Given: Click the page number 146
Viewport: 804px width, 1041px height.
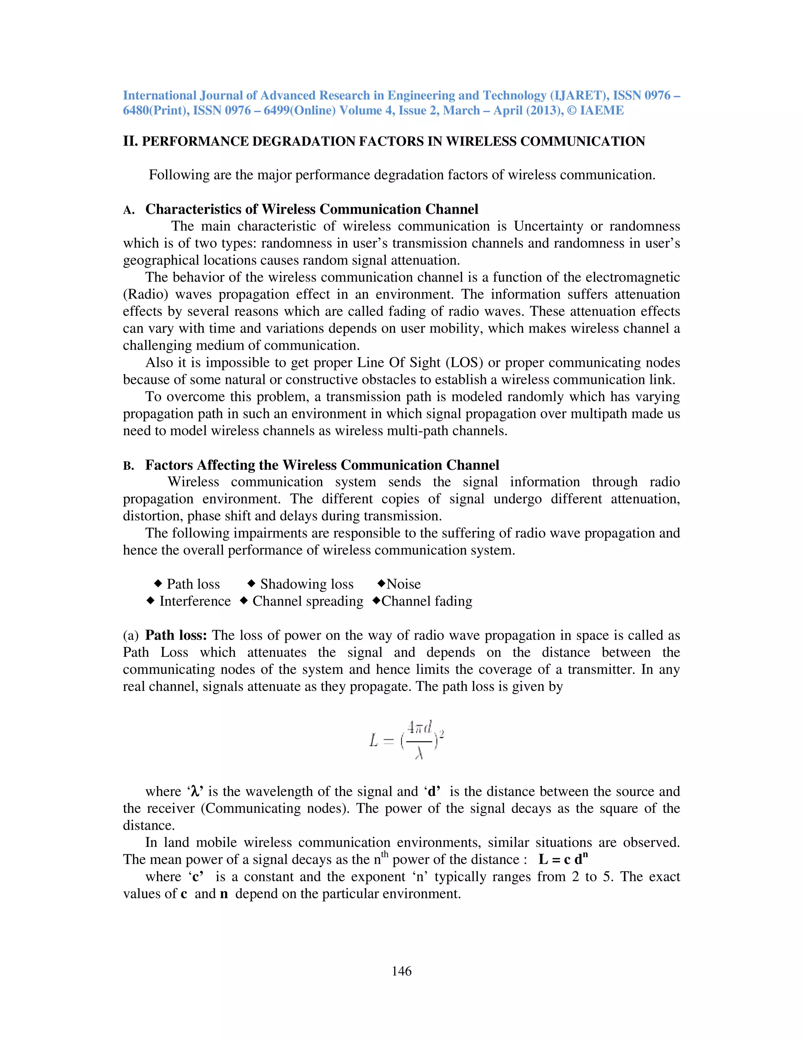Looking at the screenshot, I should click(402, 971).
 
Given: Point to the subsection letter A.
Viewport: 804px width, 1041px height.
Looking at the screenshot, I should click(128, 210).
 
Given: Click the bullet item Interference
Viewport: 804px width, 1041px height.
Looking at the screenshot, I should click(195, 601).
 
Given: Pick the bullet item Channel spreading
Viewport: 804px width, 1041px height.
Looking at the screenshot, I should click(308, 601).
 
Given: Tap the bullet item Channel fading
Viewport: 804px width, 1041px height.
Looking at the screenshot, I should click(427, 601).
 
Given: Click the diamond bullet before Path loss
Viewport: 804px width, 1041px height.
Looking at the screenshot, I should click(158, 583).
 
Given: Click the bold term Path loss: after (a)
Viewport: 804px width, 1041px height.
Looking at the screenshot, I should click(176, 635).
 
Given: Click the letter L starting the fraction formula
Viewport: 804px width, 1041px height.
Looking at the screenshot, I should click(374, 740).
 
